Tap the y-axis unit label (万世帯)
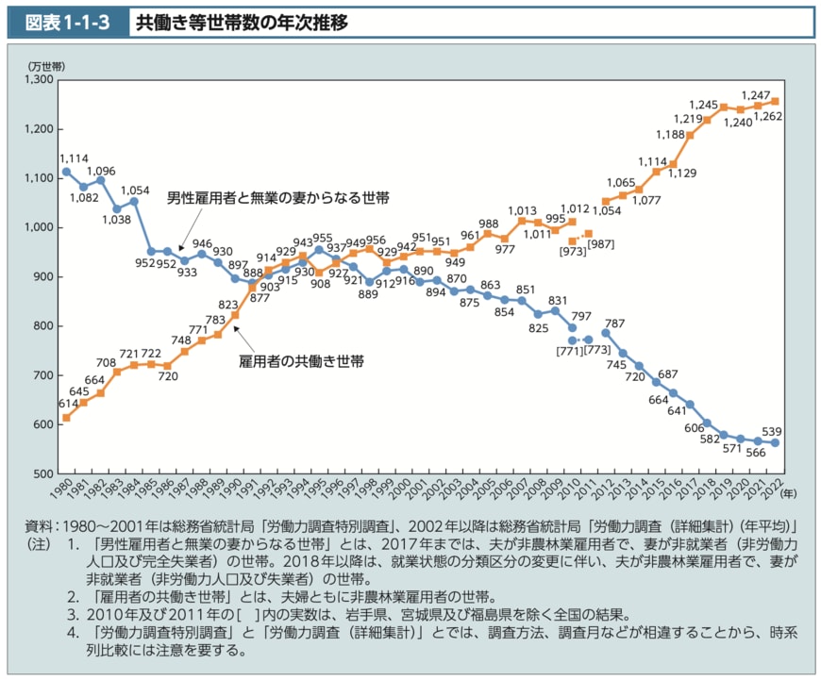[46, 65]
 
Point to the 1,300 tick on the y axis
[40, 80]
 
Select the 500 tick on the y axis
[43, 473]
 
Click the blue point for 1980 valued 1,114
[66, 172]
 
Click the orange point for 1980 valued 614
[66, 417]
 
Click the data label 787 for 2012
[615, 323]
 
